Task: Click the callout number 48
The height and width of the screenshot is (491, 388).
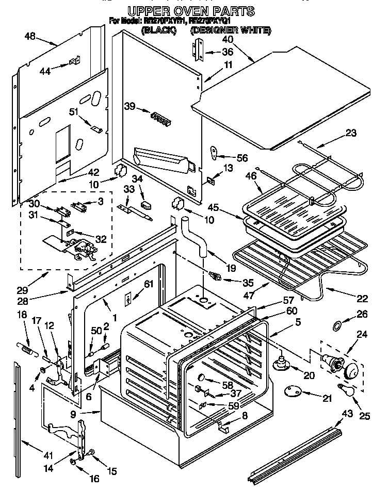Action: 30,36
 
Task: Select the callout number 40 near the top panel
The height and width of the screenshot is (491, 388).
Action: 227,40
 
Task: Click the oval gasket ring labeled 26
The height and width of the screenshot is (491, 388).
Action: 336,325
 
